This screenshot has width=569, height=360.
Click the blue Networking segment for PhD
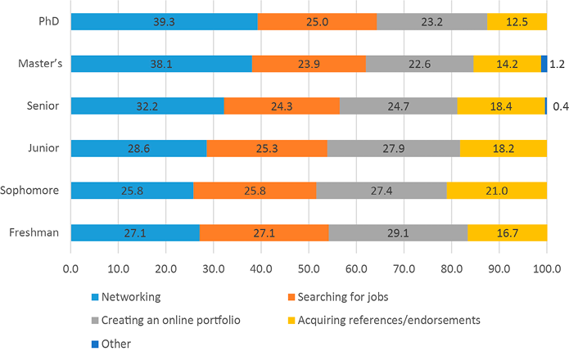(x=164, y=21)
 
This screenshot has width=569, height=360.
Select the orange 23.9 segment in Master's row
(x=309, y=63)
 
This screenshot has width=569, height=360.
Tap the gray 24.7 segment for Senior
(x=398, y=106)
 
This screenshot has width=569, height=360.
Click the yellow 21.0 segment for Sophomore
(x=496, y=191)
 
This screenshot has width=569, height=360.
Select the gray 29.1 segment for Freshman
(x=398, y=233)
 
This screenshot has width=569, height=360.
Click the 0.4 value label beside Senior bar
(x=560, y=106)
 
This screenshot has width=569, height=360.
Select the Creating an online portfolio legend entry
(x=169, y=321)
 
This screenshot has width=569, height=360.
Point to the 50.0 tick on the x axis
(x=309, y=268)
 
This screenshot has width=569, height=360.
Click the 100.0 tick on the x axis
(x=546, y=268)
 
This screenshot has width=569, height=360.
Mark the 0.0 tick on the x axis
(x=70, y=268)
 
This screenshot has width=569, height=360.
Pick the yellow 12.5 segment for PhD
(x=517, y=21)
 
